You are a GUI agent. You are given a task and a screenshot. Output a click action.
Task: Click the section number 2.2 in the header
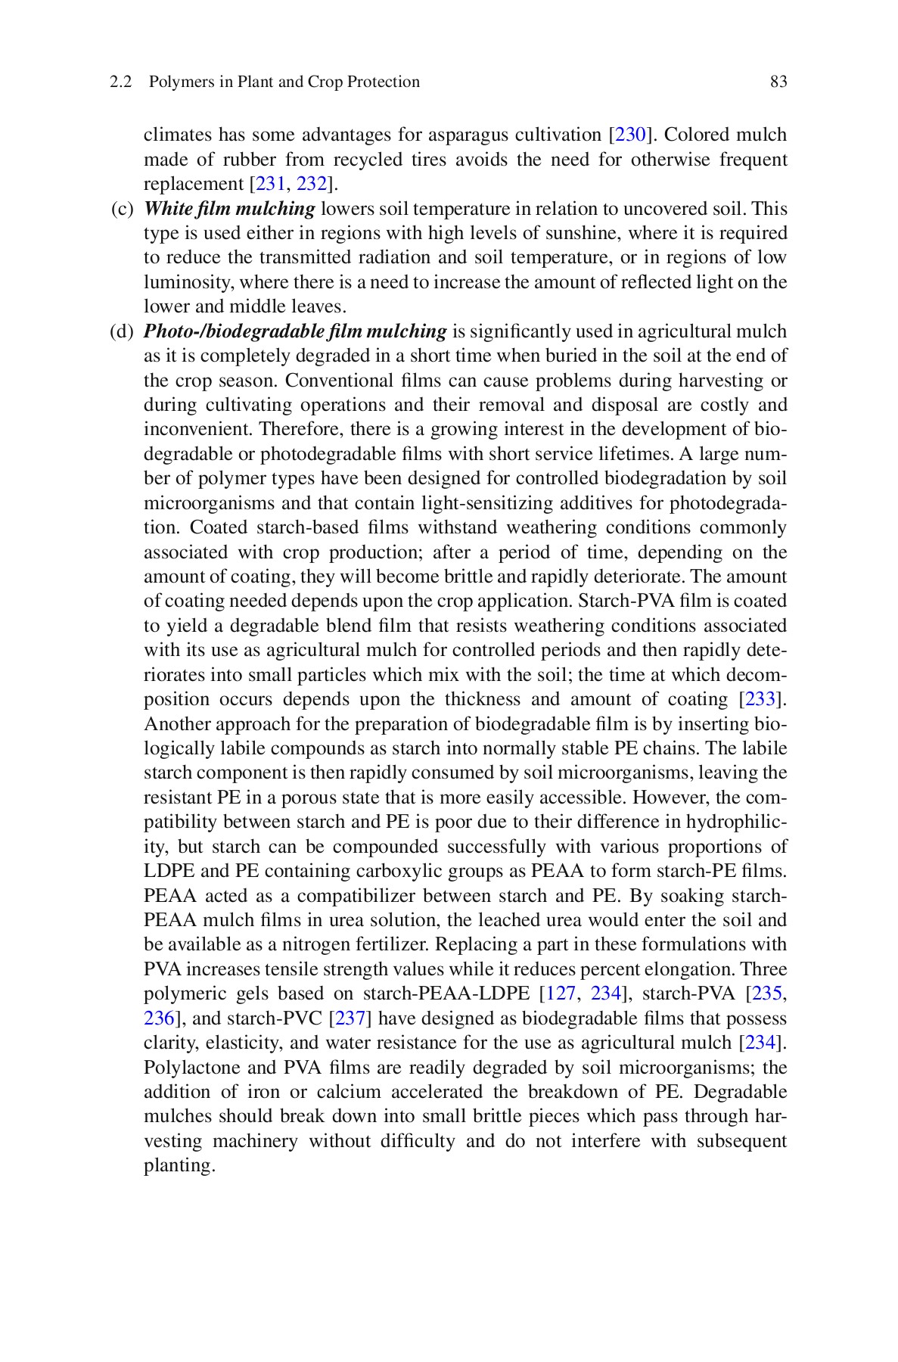point(120,82)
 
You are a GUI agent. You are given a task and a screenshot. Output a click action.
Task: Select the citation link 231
point(271,185)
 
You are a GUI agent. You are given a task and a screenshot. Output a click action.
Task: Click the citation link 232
point(310,185)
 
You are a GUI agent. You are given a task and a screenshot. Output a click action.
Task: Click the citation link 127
point(561,994)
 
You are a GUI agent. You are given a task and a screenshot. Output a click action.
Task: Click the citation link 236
point(159,1018)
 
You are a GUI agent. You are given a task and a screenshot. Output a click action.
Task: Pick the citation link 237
point(350,1018)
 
